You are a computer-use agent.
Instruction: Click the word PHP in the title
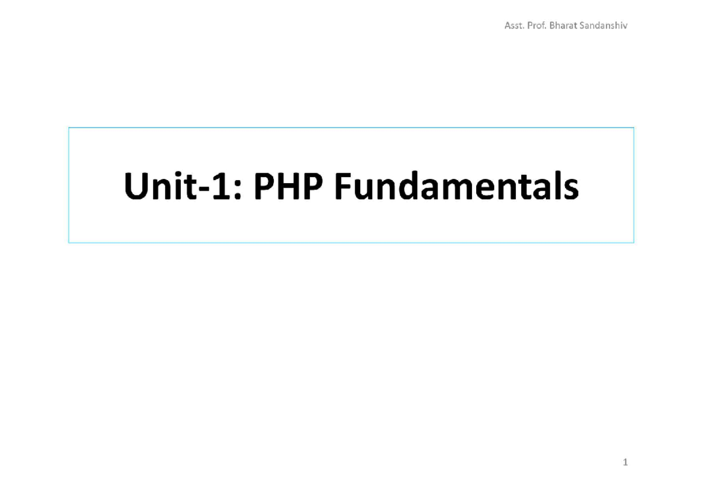point(288,186)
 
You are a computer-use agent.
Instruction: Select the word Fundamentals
point(457,185)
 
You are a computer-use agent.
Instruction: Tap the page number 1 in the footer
point(625,462)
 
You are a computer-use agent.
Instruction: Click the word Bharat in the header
point(563,25)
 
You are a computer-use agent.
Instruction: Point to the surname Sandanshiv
point(603,25)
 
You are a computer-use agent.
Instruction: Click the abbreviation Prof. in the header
point(537,25)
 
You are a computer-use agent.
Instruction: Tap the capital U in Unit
point(136,186)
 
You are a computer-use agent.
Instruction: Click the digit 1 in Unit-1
point(220,186)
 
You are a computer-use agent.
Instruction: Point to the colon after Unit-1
point(238,190)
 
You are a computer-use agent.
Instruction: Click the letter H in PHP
point(288,186)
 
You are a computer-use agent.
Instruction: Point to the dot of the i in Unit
point(178,174)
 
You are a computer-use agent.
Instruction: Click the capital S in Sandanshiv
point(583,25)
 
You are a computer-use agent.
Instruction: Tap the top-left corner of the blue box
point(69,128)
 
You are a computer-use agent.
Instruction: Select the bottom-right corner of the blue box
point(634,243)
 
